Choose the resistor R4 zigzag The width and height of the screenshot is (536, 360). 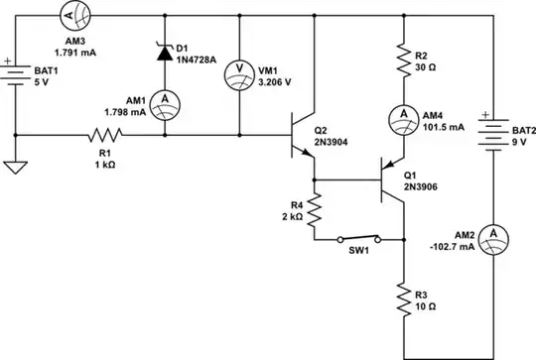point(313,209)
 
